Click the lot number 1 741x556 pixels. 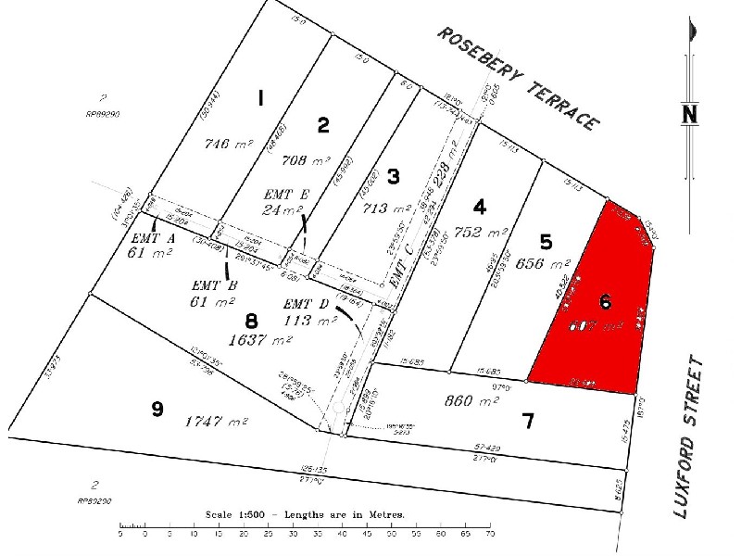point(261,98)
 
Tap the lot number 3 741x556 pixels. point(393,176)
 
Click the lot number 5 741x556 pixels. point(546,242)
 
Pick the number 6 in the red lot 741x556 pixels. point(605,301)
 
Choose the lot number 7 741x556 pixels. point(528,422)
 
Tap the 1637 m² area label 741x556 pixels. point(261,339)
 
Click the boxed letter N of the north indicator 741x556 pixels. point(689,114)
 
